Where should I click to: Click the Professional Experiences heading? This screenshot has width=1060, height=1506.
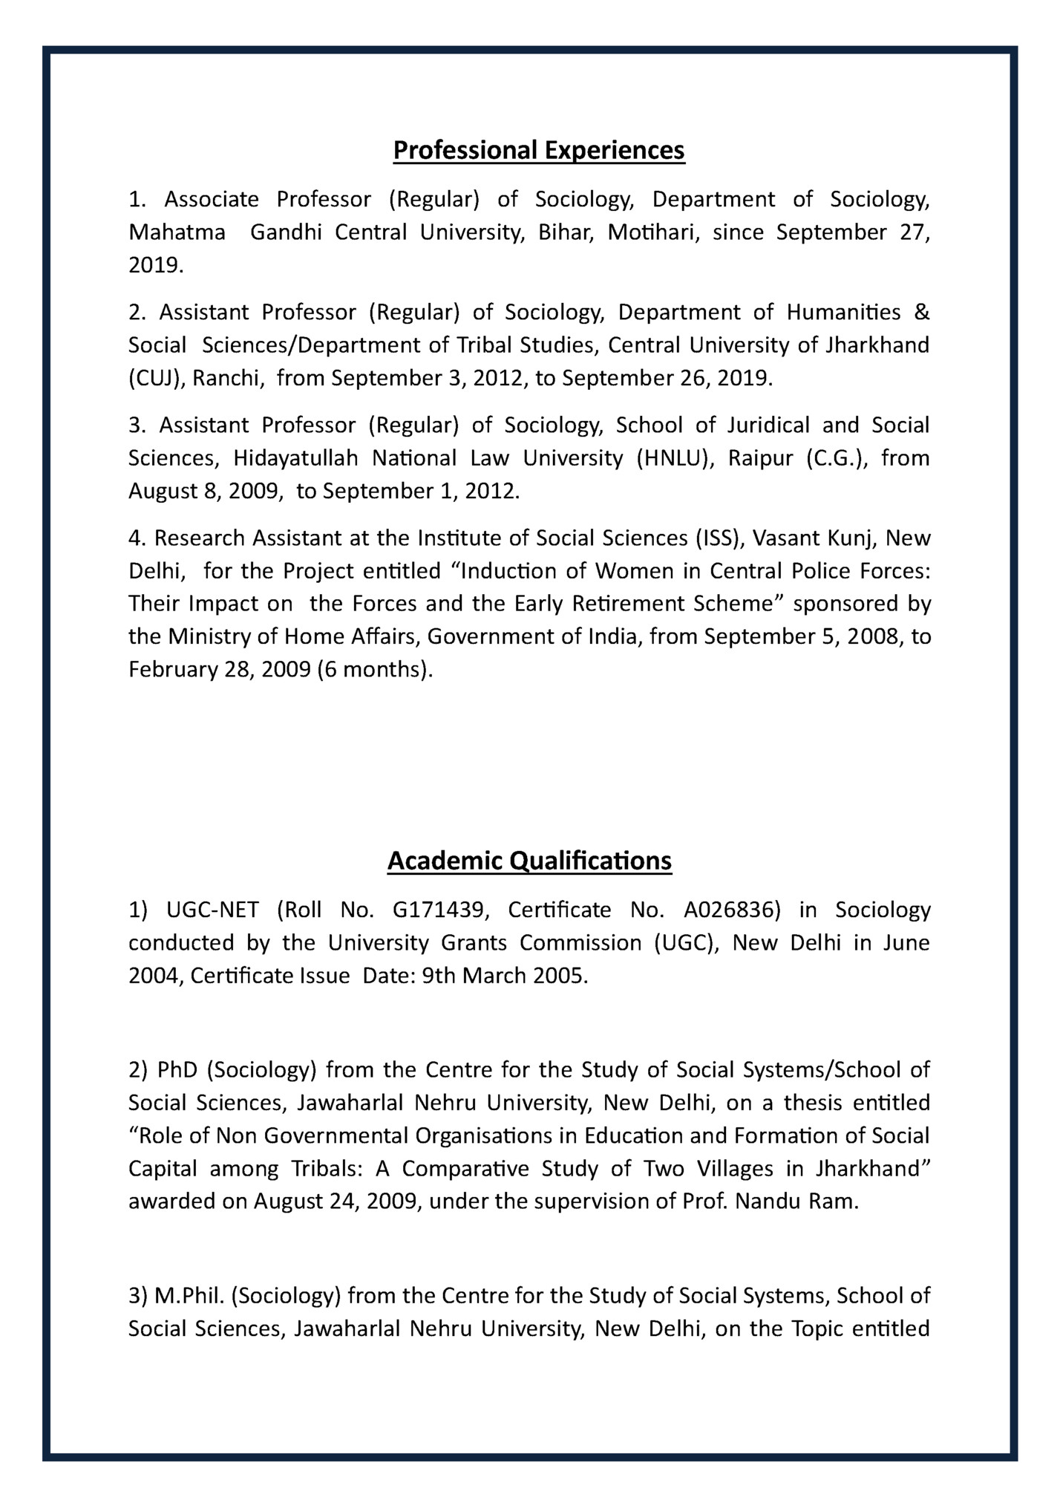(538, 150)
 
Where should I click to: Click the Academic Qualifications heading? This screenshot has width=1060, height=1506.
(529, 861)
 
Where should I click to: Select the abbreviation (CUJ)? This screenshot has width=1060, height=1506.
(157, 379)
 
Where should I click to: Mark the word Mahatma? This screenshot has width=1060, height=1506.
(177, 233)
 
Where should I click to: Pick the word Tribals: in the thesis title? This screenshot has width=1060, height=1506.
(324, 1169)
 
